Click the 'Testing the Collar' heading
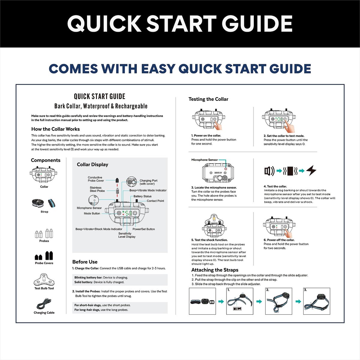[x=208, y=99]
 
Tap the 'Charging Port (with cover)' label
[x=148, y=182]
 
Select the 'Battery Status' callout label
[x=142, y=196]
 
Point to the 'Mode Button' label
[x=92, y=214]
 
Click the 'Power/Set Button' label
[x=144, y=229]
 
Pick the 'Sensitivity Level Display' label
[x=127, y=235]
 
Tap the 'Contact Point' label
[x=155, y=201]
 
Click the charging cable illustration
[x=44, y=304]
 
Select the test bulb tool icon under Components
[x=44, y=280]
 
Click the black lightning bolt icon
[x=311, y=170]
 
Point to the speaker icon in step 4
[x=269, y=171]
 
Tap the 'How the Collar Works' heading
[x=55, y=129]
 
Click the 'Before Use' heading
[x=85, y=262]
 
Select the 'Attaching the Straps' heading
[x=215, y=270]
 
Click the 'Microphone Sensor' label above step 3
[x=205, y=160]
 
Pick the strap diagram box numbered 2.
[x=278, y=301]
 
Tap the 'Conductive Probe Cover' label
[x=96, y=179]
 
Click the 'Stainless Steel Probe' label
[x=97, y=189]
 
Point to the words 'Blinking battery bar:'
[x=88, y=277]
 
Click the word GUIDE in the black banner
[x=257, y=24]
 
